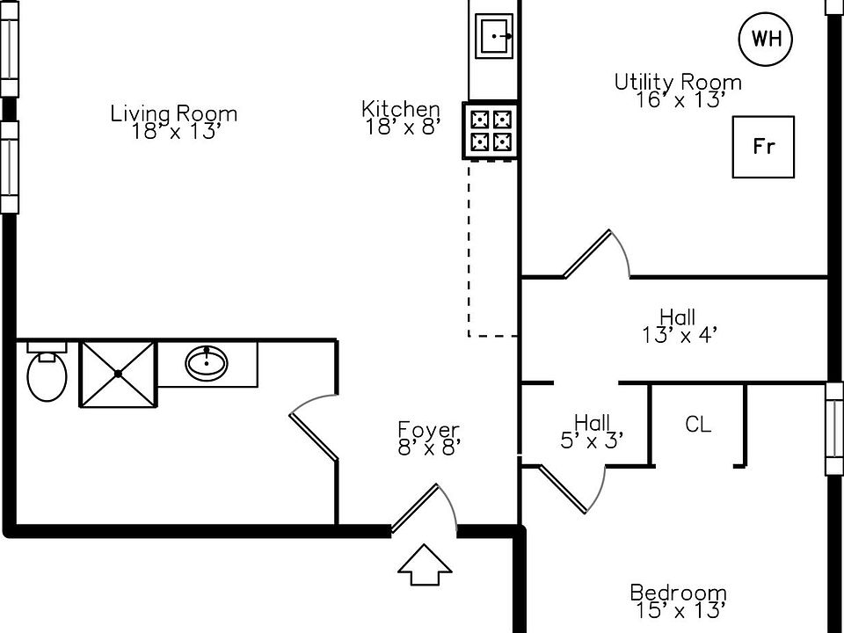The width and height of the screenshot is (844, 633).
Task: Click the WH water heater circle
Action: [x=766, y=39]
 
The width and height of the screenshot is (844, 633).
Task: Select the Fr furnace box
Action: [x=764, y=147]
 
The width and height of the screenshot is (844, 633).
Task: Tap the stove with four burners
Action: [x=491, y=130]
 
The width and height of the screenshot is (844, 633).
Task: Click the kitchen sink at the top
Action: [x=496, y=36]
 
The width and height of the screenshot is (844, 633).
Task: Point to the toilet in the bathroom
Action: [x=47, y=375]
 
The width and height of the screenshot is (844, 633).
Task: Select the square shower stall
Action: [x=118, y=374]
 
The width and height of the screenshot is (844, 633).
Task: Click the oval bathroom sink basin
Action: [x=207, y=362]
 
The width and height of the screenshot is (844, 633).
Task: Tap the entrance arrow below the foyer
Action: [x=425, y=564]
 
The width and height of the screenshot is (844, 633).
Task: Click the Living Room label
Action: [x=173, y=113]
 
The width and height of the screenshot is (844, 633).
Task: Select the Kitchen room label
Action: [x=401, y=109]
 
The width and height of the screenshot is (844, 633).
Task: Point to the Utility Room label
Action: [x=678, y=83]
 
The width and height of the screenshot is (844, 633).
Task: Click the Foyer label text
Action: [x=429, y=430]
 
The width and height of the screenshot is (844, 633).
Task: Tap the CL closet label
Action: [x=698, y=425]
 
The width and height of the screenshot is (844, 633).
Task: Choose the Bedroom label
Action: [x=678, y=593]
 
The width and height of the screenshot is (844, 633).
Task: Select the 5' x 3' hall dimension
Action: [x=593, y=440]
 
